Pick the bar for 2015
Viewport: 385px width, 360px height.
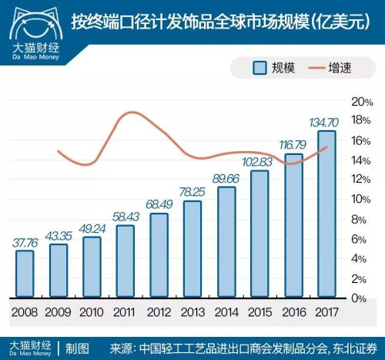[x=259, y=234]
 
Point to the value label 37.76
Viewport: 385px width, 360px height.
[x=25, y=241]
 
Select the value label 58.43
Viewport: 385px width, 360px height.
[x=126, y=217]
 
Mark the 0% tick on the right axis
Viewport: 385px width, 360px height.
[x=360, y=298]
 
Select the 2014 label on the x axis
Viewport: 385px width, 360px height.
[x=226, y=313]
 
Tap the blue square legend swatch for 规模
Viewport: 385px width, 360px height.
[x=260, y=69]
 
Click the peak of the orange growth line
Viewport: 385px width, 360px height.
[x=128, y=113]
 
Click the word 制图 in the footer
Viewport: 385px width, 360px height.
[x=79, y=345]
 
